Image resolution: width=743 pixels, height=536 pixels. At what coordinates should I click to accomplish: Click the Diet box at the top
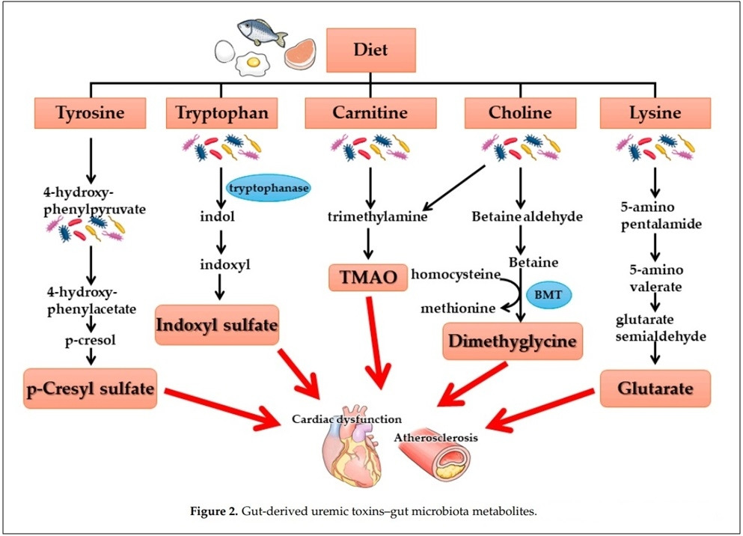click(370, 49)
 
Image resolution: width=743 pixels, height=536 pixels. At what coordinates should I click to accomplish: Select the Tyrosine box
click(89, 113)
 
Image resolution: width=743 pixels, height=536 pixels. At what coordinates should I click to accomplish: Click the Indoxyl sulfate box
click(217, 325)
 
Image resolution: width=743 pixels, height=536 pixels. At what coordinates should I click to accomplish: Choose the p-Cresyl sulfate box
click(91, 388)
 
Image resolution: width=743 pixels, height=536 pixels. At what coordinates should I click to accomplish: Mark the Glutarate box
click(654, 388)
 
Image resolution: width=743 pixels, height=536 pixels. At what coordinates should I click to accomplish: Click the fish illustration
click(263, 32)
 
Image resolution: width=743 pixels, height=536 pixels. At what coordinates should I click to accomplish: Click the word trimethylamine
click(367, 217)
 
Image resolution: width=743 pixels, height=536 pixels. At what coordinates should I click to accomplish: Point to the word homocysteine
click(455, 275)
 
